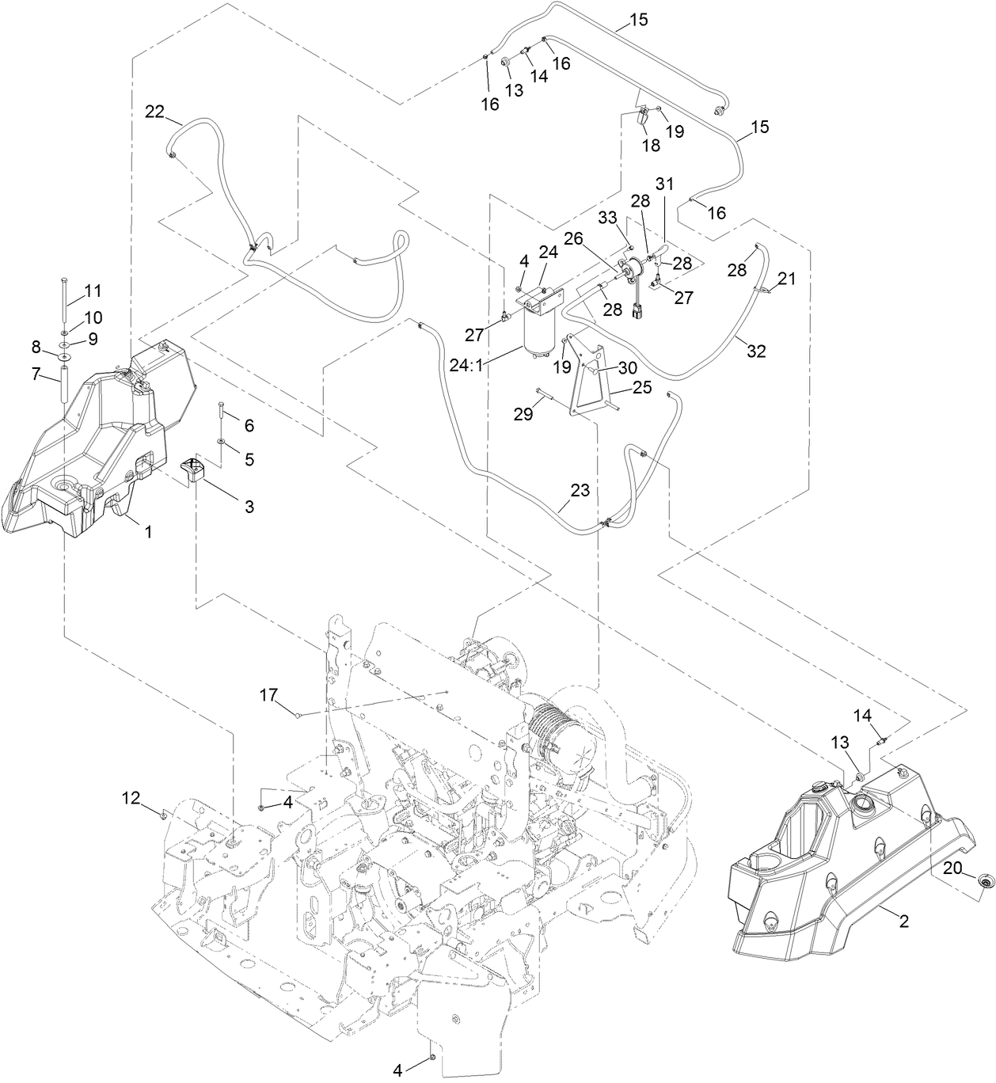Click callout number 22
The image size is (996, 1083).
pos(154,112)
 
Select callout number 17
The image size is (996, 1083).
pos(269,694)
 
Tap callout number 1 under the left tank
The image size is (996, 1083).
pos(146,532)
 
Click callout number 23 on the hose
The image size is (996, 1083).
pos(580,490)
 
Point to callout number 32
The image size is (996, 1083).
pos(756,351)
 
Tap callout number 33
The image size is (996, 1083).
pos(606,217)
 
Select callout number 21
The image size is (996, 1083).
pos(786,278)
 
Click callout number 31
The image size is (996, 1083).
pos(664,183)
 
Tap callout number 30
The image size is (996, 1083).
pos(627,368)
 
